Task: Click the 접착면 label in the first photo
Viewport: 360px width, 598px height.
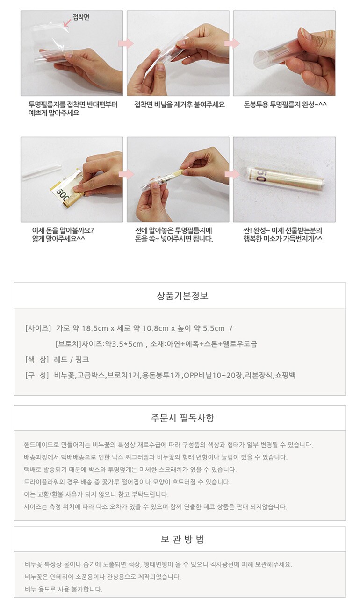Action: (81, 17)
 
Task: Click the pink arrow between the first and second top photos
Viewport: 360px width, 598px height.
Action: (126, 43)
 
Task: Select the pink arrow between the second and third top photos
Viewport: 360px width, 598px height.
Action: (232, 43)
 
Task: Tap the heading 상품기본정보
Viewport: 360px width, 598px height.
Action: (182, 296)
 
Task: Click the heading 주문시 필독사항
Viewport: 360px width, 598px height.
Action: (182, 418)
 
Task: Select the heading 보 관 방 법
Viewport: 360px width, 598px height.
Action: (182, 539)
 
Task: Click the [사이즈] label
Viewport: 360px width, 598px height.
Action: (38, 328)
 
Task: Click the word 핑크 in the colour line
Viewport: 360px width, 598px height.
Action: (82, 360)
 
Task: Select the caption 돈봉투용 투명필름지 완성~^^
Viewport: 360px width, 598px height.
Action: (285, 104)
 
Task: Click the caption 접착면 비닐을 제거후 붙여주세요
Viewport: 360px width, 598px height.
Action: (180, 104)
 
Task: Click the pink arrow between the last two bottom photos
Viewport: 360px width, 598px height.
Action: (232, 174)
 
